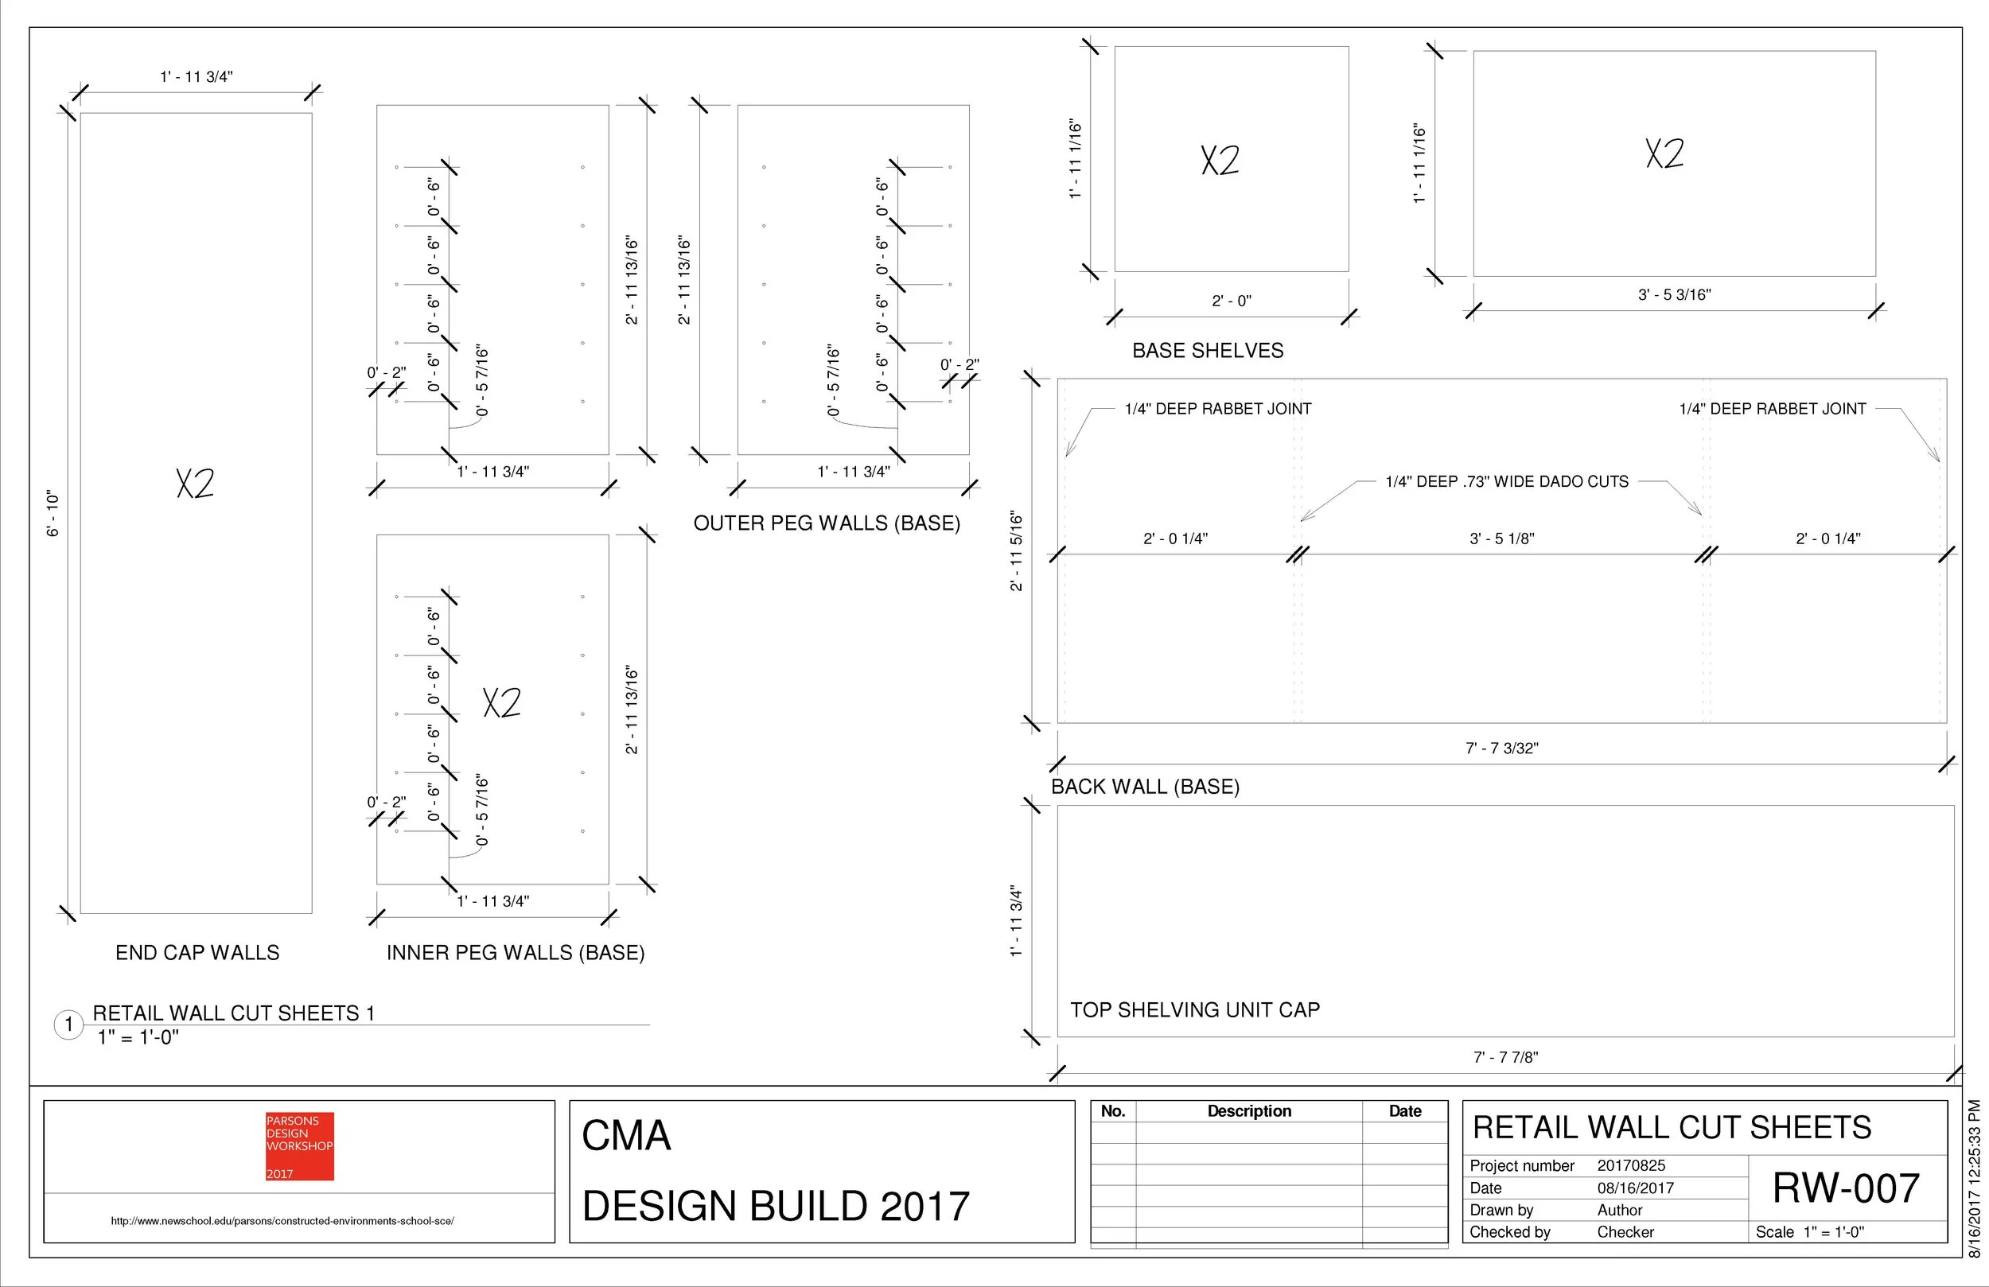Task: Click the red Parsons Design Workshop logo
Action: pyautogui.click(x=299, y=1145)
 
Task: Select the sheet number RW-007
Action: pyautogui.click(x=1845, y=1188)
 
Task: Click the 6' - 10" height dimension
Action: pyautogui.click(x=53, y=513)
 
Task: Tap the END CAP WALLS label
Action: pyautogui.click(x=197, y=953)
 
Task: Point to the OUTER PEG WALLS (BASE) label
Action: pyautogui.click(x=827, y=523)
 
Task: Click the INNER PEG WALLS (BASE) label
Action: pyautogui.click(x=515, y=953)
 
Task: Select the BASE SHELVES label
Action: pyautogui.click(x=1208, y=351)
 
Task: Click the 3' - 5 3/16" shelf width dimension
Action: pyautogui.click(x=1674, y=295)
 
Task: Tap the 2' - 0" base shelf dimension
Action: pyautogui.click(x=1231, y=301)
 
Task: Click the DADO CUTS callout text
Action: pyautogui.click(x=1506, y=482)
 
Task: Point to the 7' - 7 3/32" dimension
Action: pyautogui.click(x=1501, y=748)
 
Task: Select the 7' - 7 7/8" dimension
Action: pyautogui.click(x=1505, y=1058)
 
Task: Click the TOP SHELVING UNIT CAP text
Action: pyautogui.click(x=1195, y=1010)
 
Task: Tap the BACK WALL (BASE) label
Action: pyautogui.click(x=1145, y=787)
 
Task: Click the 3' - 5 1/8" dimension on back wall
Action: pyautogui.click(x=1501, y=539)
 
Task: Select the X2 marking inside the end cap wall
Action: pyautogui.click(x=196, y=483)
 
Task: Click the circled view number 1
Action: pyautogui.click(x=68, y=1025)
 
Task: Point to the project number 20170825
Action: pyautogui.click(x=1630, y=1166)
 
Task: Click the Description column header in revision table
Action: pyautogui.click(x=1248, y=1111)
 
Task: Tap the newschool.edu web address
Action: pyautogui.click(x=282, y=1221)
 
